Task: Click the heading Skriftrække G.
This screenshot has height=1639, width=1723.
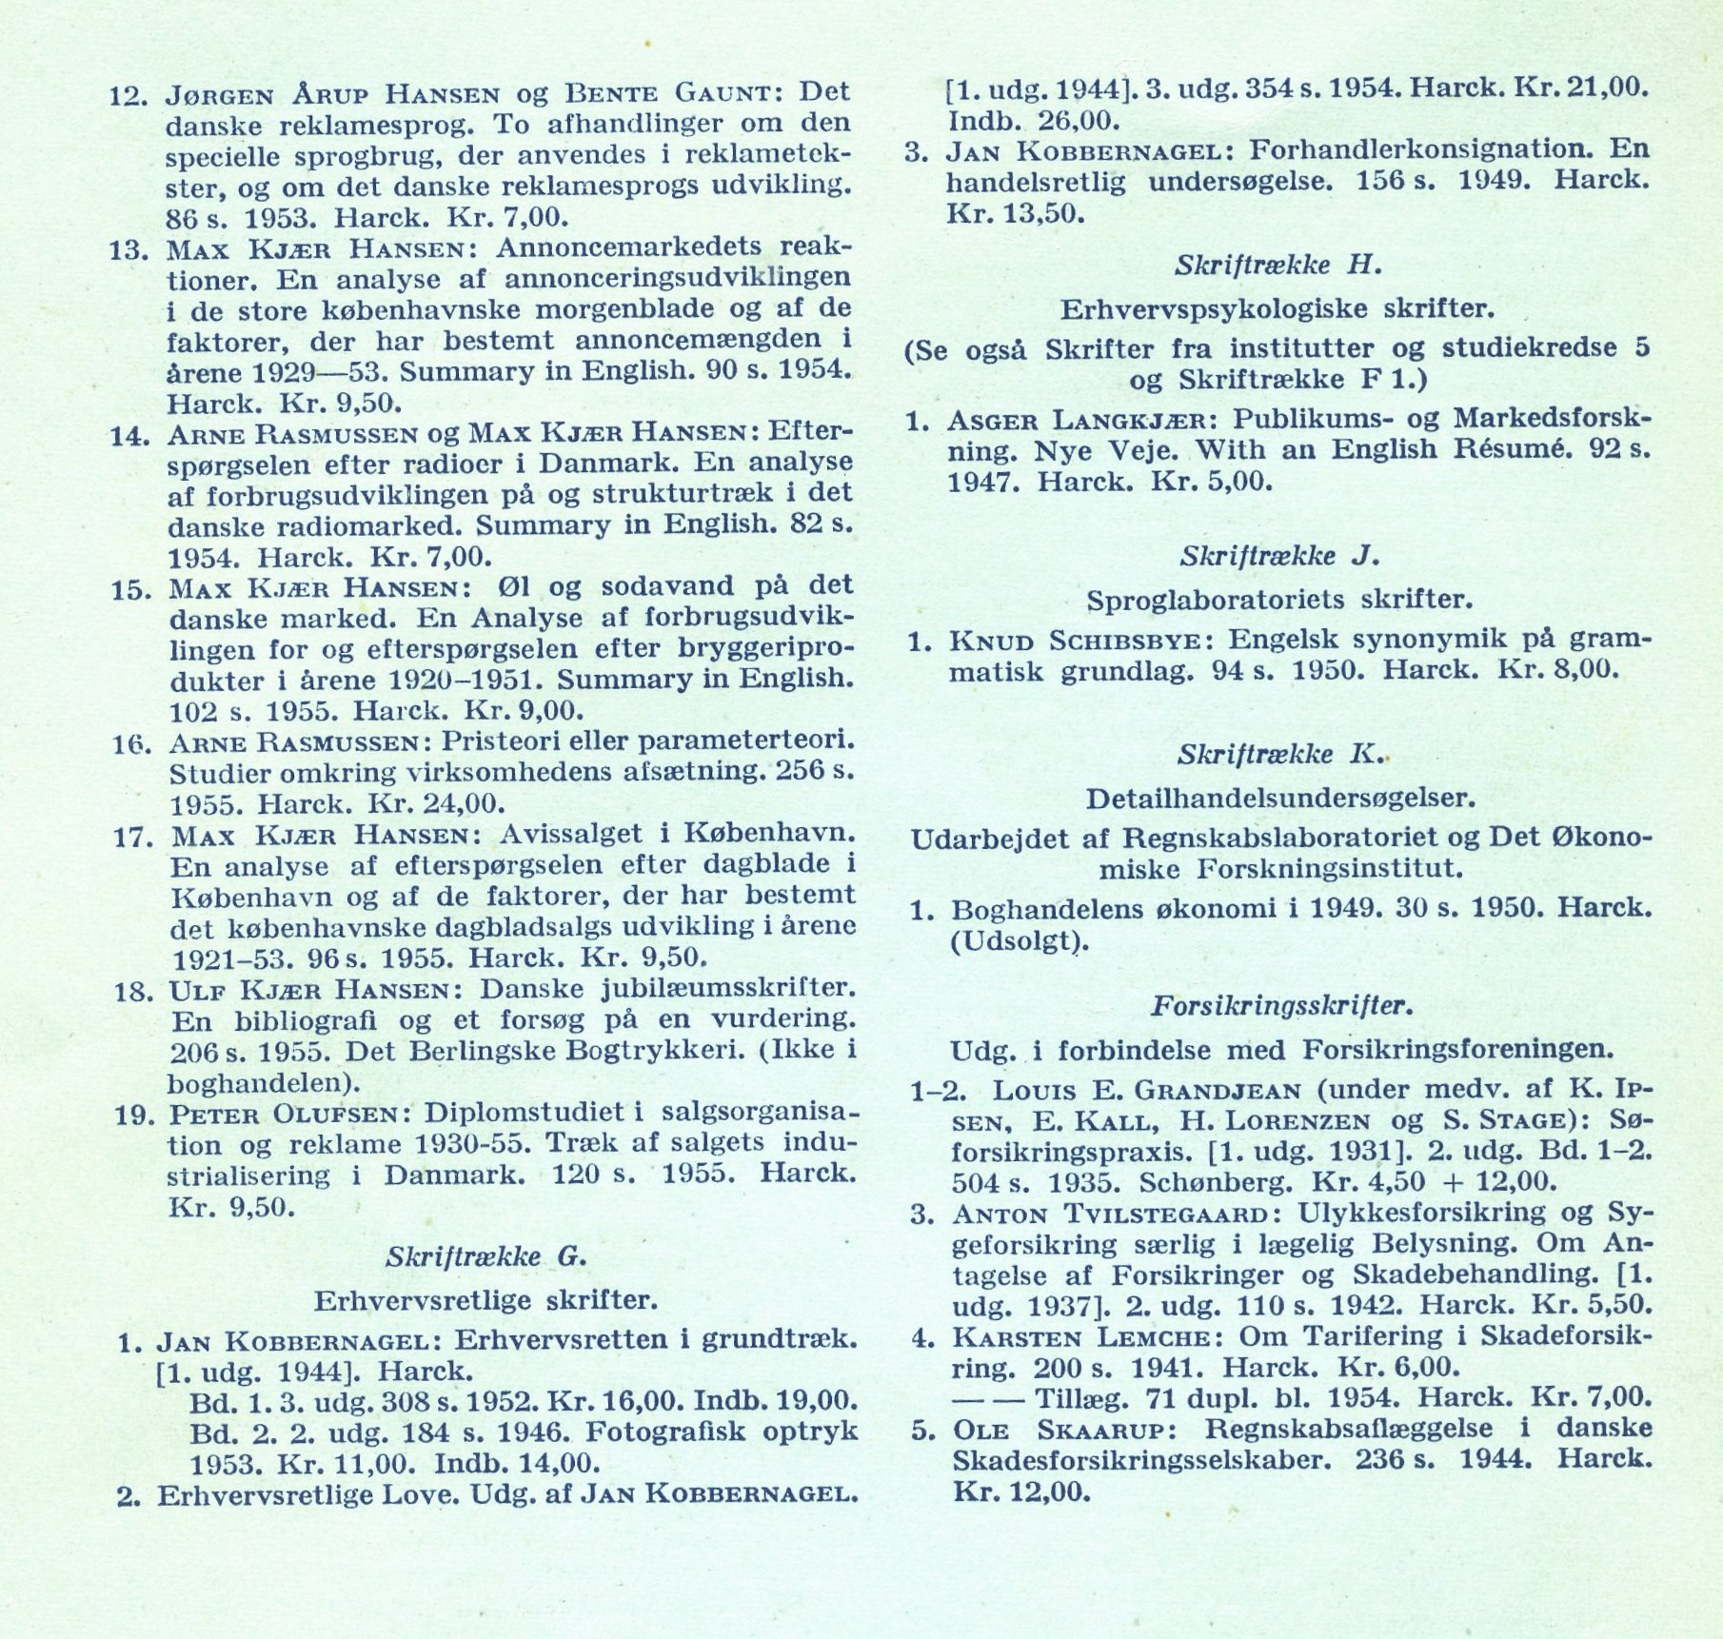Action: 485,1256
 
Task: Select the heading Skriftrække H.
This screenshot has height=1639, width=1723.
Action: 1277,266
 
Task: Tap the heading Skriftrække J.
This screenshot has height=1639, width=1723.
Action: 1278,556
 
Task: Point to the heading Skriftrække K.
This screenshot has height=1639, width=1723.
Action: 1278,755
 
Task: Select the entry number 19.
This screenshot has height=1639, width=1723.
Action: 134,1115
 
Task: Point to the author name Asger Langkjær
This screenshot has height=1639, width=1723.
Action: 1079,420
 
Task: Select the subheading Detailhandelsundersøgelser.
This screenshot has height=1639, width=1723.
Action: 1280,798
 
